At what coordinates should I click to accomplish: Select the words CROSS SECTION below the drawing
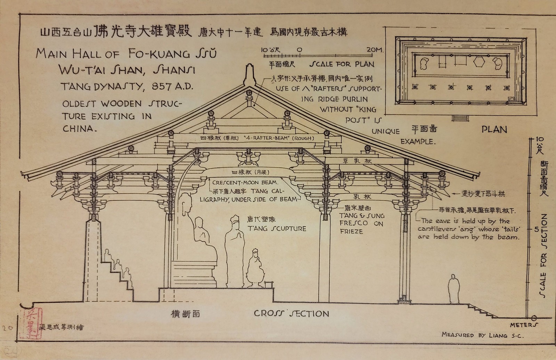pos(291,313)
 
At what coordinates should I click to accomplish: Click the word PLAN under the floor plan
pos(494,130)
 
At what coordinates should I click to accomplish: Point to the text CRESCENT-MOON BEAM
pos(247,182)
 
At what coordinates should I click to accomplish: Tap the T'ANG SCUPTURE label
pos(276,228)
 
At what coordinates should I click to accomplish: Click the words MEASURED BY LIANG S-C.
pos(482,335)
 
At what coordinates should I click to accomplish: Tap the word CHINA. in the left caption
pos(79,128)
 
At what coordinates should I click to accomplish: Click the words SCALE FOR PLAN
pos(342,64)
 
